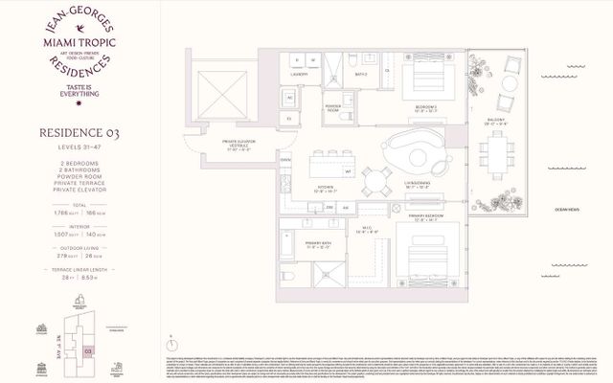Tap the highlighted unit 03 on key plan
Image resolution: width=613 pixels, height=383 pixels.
87,353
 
